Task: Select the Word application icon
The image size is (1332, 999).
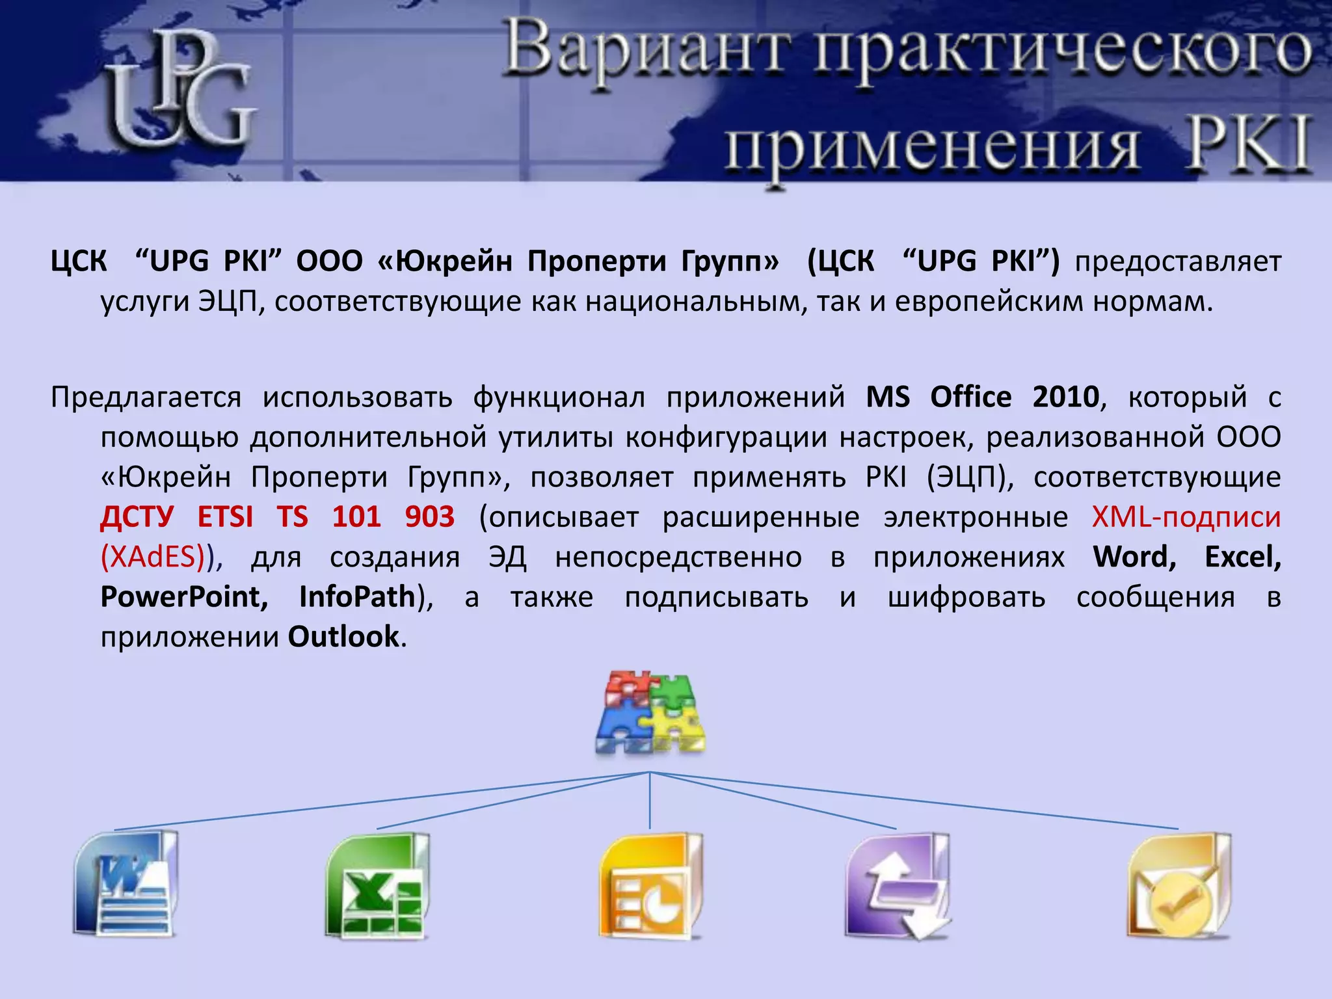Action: click(126, 884)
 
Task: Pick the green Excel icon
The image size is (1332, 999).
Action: click(376, 886)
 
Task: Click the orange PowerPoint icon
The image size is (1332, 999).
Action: click(650, 886)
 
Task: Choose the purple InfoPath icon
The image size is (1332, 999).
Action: click(898, 886)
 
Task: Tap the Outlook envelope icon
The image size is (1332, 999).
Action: click(1179, 886)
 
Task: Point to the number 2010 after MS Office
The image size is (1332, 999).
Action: click(1065, 397)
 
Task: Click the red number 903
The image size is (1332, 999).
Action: click(429, 517)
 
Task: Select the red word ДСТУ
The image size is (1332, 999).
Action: click(137, 517)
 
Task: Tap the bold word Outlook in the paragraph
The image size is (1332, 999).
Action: click(343, 637)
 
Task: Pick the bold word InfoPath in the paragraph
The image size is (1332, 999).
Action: click(357, 597)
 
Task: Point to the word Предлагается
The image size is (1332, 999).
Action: click(146, 397)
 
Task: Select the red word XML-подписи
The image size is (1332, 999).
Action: click(1186, 517)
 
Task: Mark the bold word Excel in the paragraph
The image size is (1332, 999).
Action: click(1242, 557)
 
